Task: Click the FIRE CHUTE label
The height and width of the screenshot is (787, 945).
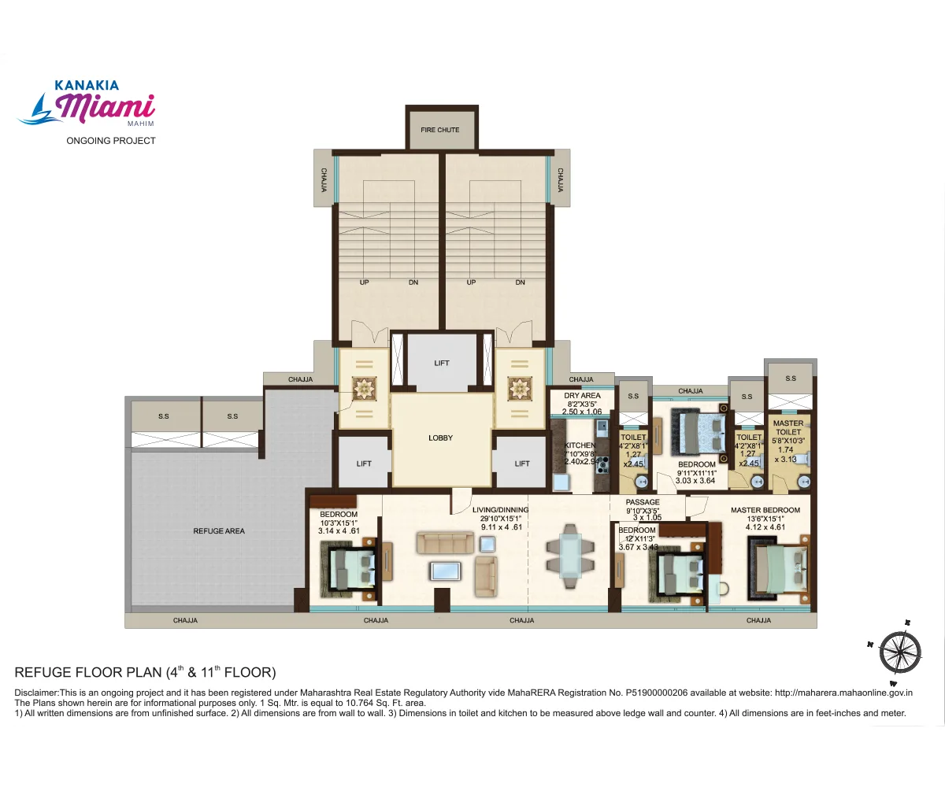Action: coord(440,130)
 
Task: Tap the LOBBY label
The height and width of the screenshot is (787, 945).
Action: coord(440,438)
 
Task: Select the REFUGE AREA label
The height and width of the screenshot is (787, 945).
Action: coord(219,531)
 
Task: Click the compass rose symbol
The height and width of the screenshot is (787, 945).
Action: coord(899,651)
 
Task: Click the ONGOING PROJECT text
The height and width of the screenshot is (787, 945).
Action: coord(110,141)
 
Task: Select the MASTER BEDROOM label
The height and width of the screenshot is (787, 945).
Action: coord(765,510)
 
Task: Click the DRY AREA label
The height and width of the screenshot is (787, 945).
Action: coord(582,396)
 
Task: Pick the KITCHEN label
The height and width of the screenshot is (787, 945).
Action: coord(580,445)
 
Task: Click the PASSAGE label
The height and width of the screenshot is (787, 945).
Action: coord(643,502)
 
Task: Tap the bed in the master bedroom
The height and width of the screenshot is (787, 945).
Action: coord(778,567)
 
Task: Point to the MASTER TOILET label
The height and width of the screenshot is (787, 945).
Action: coord(788,428)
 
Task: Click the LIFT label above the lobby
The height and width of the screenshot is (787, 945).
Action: coord(442,364)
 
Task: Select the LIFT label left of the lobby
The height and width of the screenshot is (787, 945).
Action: coord(364,464)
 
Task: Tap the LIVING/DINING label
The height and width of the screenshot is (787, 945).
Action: coord(500,510)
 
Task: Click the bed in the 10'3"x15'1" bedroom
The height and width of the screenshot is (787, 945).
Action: coord(350,568)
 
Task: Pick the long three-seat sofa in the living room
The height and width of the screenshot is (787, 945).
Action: coord(445,543)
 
